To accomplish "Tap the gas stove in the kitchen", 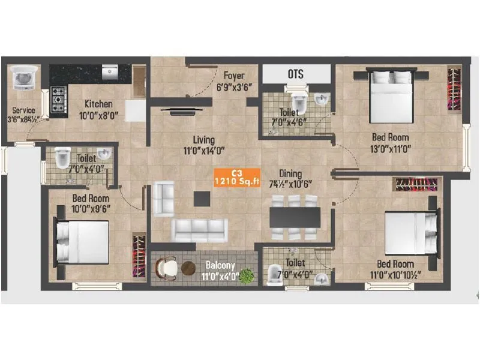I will click(58, 100).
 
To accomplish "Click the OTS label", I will click(295, 74).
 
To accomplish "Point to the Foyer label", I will click(233, 76).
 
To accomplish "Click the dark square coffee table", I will click(202, 198).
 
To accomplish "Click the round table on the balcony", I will click(188, 268).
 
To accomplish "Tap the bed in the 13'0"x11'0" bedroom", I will click(390, 96).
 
